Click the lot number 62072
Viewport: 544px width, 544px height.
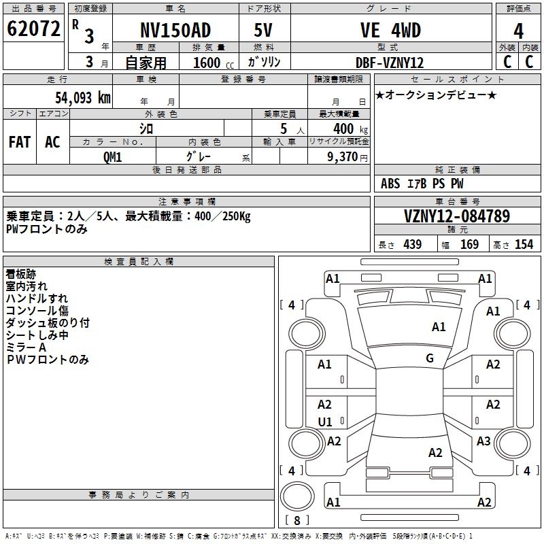(x=33, y=29)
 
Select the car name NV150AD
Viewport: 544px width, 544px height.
(x=175, y=30)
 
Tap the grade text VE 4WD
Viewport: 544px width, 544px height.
(x=390, y=30)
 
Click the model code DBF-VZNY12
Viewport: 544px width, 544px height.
(x=390, y=63)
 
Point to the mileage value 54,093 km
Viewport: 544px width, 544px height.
(x=83, y=98)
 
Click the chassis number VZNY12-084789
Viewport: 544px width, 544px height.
(x=457, y=216)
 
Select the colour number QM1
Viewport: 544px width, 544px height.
(x=112, y=157)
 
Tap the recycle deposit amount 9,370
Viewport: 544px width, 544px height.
(x=343, y=157)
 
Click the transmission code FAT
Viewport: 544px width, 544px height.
(x=20, y=142)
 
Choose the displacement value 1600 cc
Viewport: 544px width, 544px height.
(x=214, y=63)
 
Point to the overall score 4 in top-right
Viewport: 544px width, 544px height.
(x=518, y=31)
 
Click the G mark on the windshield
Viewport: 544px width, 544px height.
(x=430, y=358)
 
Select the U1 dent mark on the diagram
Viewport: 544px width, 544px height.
(x=325, y=422)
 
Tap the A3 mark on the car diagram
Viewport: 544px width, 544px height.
(x=483, y=441)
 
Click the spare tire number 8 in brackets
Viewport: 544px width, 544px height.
(x=297, y=520)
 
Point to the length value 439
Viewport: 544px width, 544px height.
(x=413, y=244)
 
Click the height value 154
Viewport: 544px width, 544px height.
(x=524, y=244)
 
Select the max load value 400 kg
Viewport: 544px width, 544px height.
(x=350, y=129)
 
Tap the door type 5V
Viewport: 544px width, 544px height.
(x=263, y=30)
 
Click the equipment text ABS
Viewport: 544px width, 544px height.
(x=390, y=184)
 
